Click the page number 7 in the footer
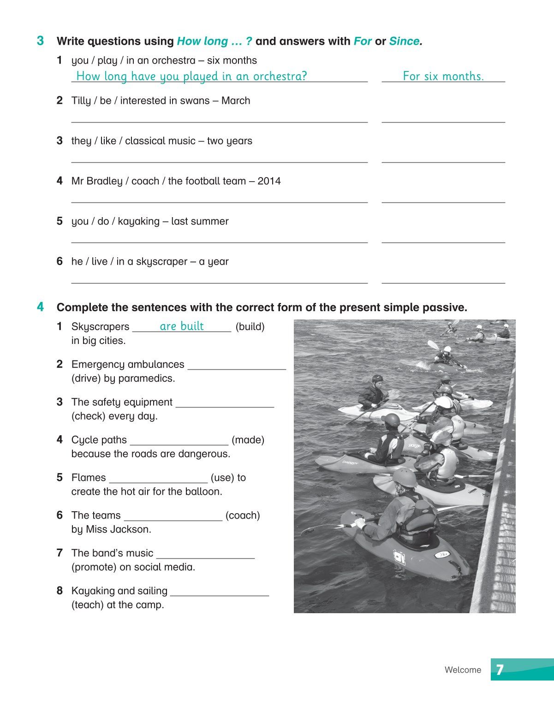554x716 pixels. (x=500, y=669)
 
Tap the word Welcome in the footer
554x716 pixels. (x=463, y=670)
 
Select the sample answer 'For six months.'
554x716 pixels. (x=443, y=76)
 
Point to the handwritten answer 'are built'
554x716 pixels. (x=182, y=326)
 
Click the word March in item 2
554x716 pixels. (x=236, y=101)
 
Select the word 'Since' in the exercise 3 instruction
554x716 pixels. (x=404, y=41)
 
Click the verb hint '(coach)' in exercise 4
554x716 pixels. (x=243, y=515)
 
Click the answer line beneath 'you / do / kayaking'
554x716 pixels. (x=219, y=241)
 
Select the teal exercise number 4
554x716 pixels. (x=41, y=307)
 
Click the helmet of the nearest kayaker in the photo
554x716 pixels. (x=405, y=477)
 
